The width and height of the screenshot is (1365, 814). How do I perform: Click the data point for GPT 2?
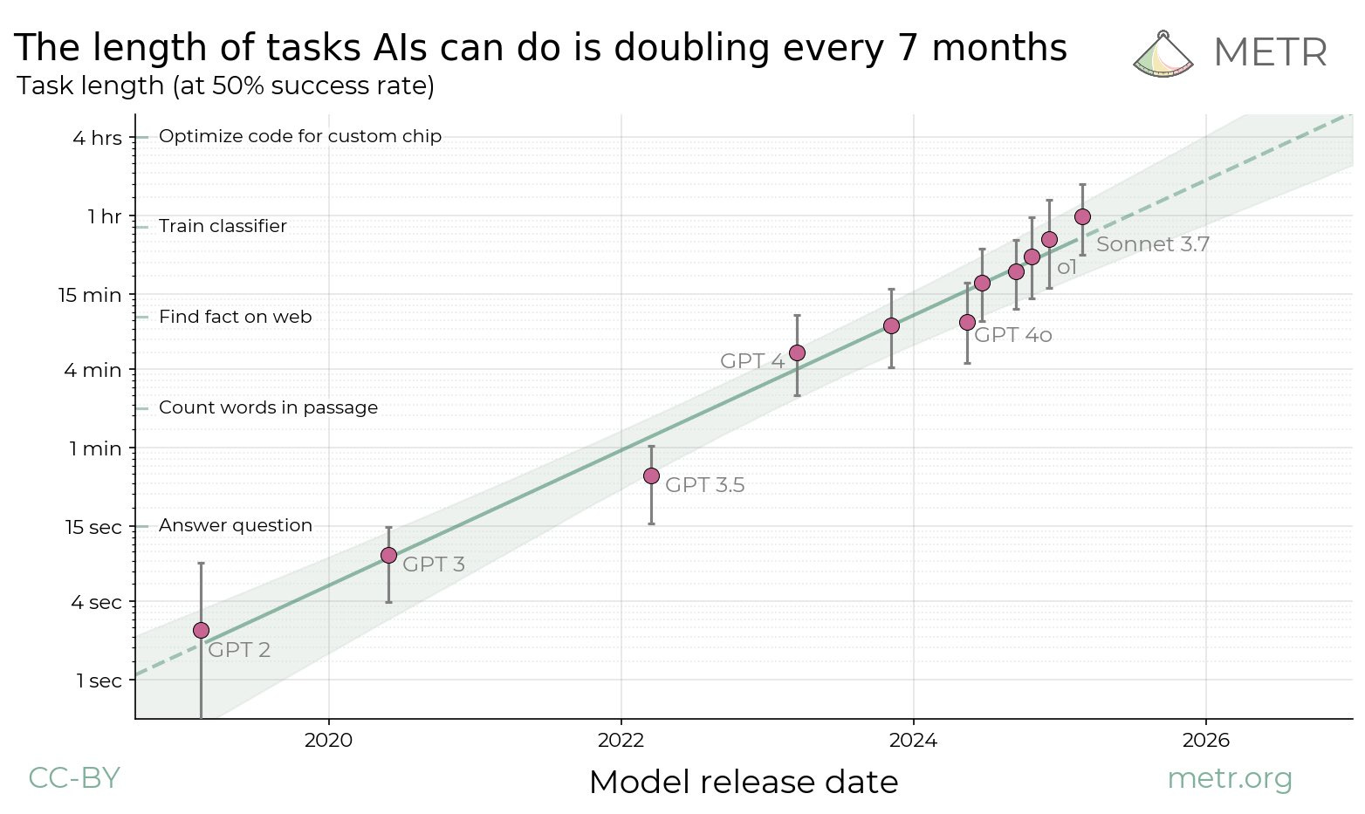click(x=201, y=630)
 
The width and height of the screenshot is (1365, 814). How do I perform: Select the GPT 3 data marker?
click(x=388, y=555)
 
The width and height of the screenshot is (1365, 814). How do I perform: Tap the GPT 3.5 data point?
click(x=651, y=475)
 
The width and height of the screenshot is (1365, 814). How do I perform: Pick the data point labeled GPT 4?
click(x=797, y=352)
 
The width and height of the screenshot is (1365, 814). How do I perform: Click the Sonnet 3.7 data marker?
click(x=1082, y=216)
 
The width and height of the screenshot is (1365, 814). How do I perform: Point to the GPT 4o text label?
click(x=1012, y=335)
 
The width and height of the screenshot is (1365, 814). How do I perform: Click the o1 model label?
click(x=1067, y=268)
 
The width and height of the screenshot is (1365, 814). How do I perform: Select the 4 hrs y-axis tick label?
click(x=97, y=138)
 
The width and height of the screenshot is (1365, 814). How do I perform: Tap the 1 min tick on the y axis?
click(x=95, y=448)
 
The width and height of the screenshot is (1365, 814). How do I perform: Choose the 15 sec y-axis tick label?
click(x=93, y=527)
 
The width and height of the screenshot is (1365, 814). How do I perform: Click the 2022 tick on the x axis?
click(x=621, y=741)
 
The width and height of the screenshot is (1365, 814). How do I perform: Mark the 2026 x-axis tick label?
click(x=1205, y=741)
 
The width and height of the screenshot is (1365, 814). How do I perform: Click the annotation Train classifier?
click(x=223, y=226)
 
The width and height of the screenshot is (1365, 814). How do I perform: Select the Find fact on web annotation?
click(x=235, y=317)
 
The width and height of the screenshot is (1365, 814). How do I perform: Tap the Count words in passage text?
click(x=268, y=407)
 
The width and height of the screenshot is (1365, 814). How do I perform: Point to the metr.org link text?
click(x=1229, y=777)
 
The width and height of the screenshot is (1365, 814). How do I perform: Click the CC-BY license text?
click(x=74, y=777)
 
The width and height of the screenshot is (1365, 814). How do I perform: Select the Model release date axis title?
click(x=744, y=782)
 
